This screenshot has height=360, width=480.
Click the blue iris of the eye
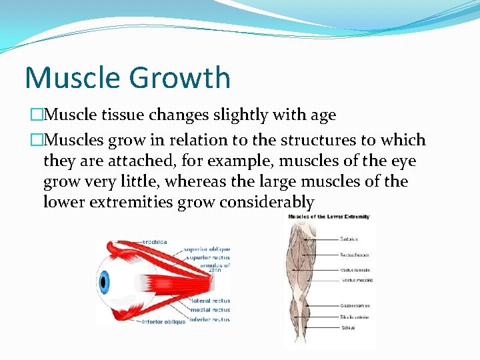click(x=103, y=282)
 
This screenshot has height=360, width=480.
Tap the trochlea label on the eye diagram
click(x=156, y=241)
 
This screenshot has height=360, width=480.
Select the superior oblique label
click(x=207, y=249)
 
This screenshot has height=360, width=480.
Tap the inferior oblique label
click(x=164, y=323)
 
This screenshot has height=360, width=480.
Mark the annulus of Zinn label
click(x=217, y=267)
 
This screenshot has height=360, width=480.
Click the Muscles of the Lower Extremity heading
click(x=328, y=217)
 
